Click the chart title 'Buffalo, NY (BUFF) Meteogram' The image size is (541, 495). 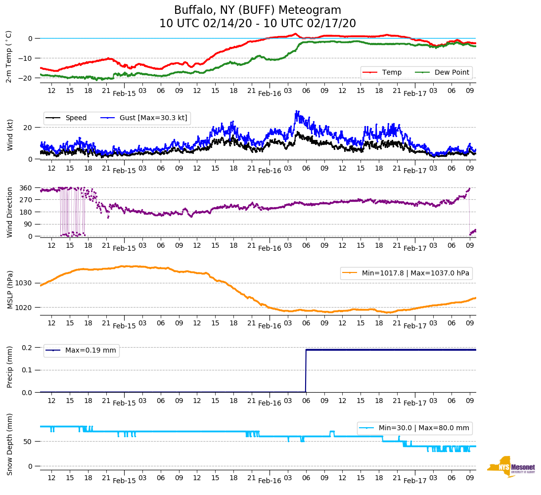[x=257, y=10]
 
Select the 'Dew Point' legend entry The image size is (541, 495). [x=452, y=72]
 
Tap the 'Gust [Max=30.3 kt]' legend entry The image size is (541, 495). [x=153, y=118]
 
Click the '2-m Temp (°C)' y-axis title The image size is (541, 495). [x=9, y=56]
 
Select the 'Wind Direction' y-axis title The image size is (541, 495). [x=10, y=212]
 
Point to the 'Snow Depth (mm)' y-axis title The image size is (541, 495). [x=10, y=444]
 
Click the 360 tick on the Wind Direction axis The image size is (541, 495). [x=26, y=188]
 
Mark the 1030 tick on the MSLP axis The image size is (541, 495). [x=25, y=283]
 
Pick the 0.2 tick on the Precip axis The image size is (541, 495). [x=27, y=348]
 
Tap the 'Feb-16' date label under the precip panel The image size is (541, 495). [x=270, y=403]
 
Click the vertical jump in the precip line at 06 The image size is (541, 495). [x=306, y=371]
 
